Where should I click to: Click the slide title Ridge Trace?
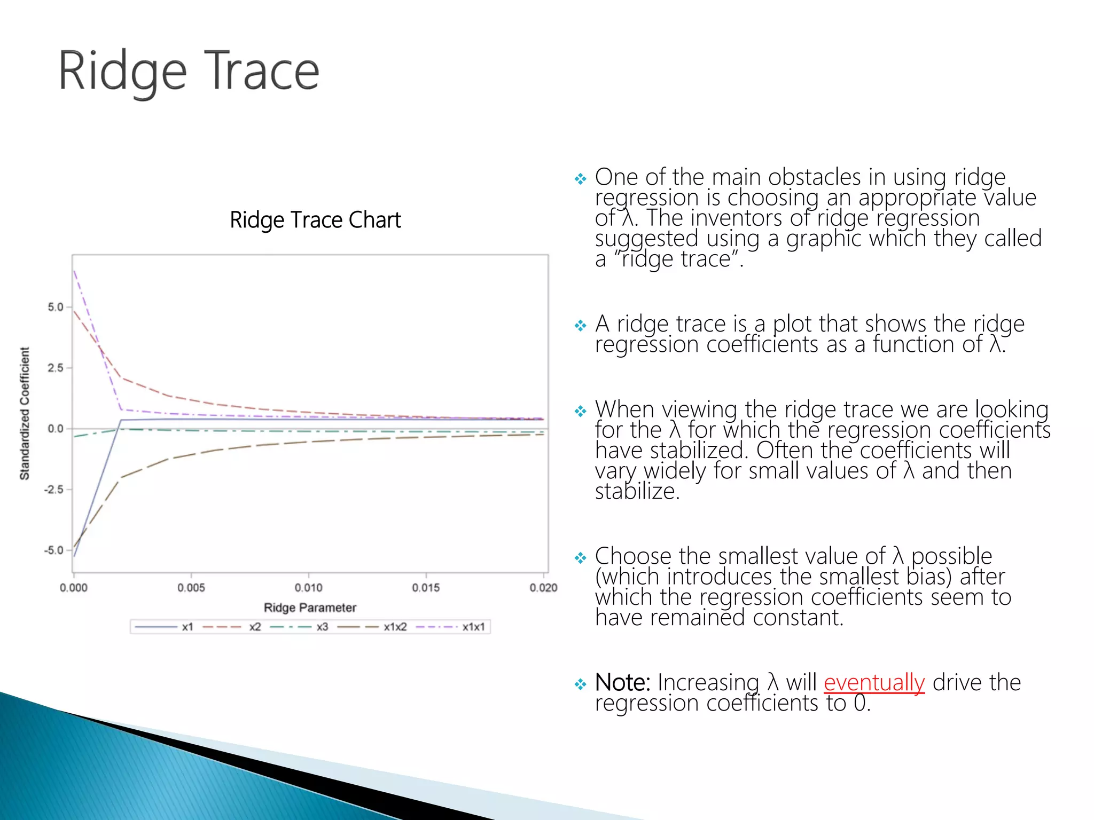click(x=188, y=71)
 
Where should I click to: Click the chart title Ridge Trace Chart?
click(x=315, y=220)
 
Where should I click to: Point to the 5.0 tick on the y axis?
click(x=55, y=307)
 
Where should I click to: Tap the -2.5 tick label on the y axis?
click(x=53, y=490)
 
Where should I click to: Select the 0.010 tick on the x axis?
click(x=309, y=588)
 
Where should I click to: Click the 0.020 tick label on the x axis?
click(x=543, y=588)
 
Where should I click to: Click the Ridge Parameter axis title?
click(x=310, y=608)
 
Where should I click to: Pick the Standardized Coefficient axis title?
click(x=25, y=414)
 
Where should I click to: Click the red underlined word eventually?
click(x=874, y=683)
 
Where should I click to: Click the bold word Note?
click(x=622, y=683)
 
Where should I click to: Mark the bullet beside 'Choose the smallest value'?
click(x=580, y=558)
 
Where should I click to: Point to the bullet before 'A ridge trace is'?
click(x=580, y=325)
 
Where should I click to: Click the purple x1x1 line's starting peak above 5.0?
click(x=74, y=271)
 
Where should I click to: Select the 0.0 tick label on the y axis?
click(x=55, y=429)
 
